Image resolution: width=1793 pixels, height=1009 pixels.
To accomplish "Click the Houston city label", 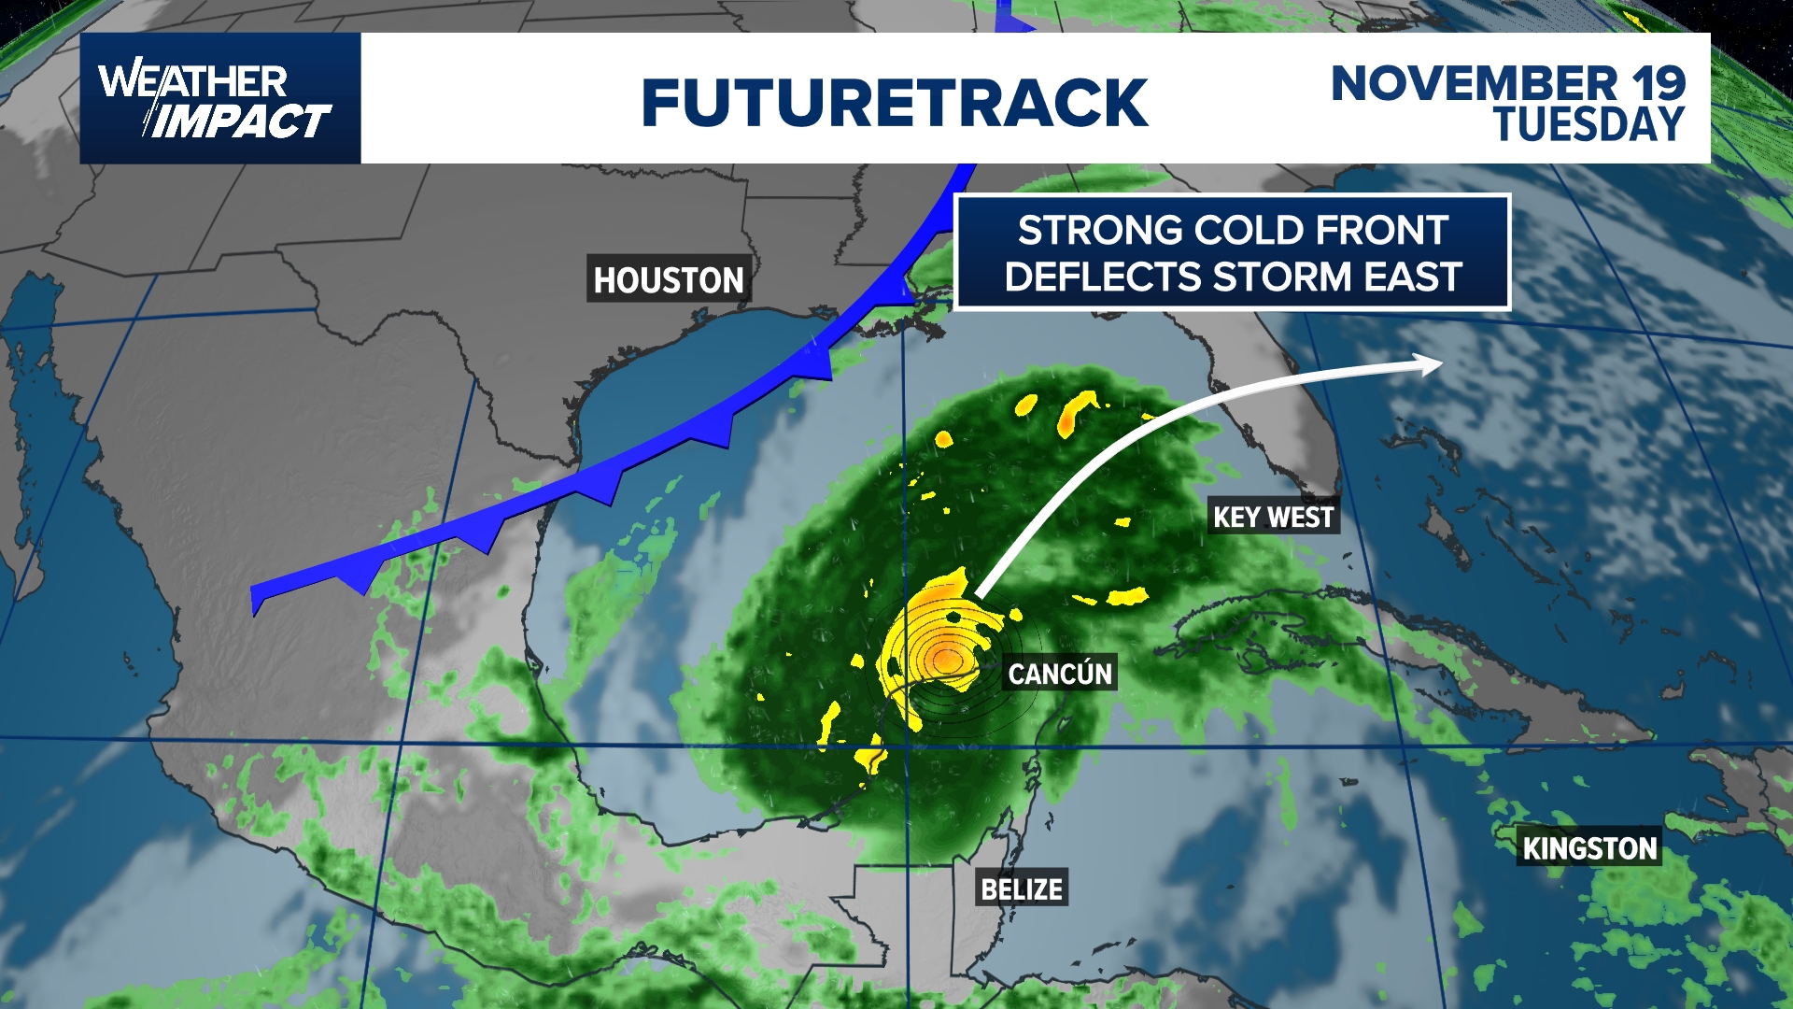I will tap(669, 279).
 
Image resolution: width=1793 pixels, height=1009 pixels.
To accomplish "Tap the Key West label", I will tap(1273, 517).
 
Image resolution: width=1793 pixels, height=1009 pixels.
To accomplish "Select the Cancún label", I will tap(1060, 674).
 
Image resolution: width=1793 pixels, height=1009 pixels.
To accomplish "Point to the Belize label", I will tap(1022, 888).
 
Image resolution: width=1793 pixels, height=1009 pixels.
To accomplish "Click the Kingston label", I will tap(1589, 847).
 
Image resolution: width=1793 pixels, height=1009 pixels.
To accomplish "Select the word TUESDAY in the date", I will tap(1589, 124).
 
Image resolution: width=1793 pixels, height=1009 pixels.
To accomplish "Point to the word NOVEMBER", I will tap(1474, 83).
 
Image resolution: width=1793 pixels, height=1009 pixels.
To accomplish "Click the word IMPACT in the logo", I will tap(241, 122).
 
